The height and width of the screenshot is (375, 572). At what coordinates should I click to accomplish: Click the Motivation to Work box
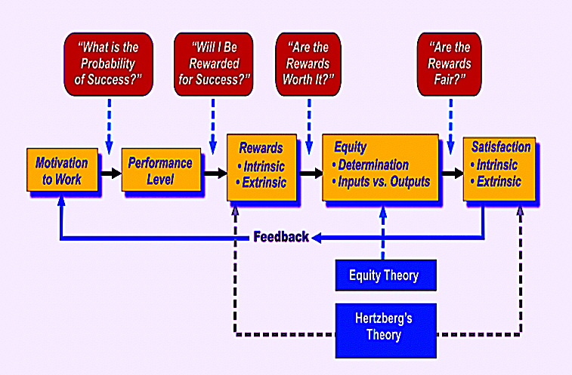tap(63, 170)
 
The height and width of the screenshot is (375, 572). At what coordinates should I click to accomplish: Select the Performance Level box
tap(161, 170)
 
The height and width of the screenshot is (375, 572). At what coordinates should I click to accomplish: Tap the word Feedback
tap(281, 237)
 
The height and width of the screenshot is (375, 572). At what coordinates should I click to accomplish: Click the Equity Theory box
tap(386, 275)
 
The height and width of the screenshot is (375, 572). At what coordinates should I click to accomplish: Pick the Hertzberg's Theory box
tap(386, 330)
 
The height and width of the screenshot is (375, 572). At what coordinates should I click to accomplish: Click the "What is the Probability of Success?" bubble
tap(108, 64)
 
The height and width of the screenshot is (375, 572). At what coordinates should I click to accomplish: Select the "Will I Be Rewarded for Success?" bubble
tap(214, 64)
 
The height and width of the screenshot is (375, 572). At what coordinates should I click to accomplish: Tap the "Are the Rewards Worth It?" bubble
tap(308, 64)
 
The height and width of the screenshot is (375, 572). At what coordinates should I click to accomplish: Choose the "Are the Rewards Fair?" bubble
tap(450, 64)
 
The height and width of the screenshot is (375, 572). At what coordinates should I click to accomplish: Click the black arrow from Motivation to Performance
tap(110, 173)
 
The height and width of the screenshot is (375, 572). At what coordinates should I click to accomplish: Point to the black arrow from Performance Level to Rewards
tap(215, 173)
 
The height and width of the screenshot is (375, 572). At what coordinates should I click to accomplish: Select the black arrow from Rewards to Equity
tap(311, 173)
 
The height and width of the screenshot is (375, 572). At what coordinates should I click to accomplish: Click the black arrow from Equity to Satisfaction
tap(452, 173)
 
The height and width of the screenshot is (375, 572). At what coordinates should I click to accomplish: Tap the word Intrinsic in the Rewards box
tap(264, 167)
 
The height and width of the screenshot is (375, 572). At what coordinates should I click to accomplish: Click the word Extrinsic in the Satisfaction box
tap(499, 181)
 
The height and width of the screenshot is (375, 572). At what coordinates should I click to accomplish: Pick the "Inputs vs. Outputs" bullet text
tap(384, 182)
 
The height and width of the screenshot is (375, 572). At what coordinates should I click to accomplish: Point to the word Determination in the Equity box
tap(373, 164)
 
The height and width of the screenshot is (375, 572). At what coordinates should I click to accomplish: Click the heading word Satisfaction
tap(501, 147)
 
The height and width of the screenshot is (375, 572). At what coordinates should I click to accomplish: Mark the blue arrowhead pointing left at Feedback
tap(317, 238)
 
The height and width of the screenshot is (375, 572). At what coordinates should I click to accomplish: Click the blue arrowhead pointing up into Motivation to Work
tap(61, 201)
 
